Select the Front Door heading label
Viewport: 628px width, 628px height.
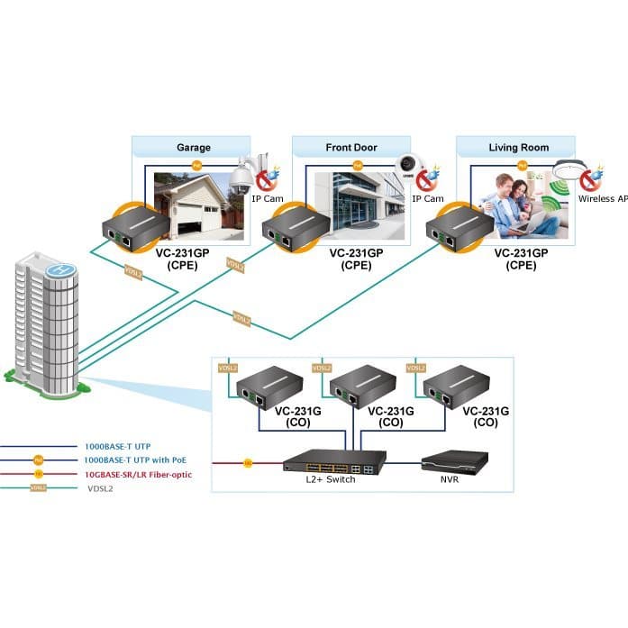pyautogui.click(x=351, y=147)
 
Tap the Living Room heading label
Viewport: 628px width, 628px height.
pyautogui.click(x=518, y=147)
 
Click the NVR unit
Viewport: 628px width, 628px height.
pyautogui.click(x=455, y=463)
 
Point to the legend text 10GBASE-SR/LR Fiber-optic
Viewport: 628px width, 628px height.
pyautogui.click(x=138, y=473)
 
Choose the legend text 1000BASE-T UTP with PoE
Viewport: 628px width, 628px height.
pyautogui.click(x=135, y=460)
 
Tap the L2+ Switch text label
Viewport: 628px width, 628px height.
pyautogui.click(x=332, y=479)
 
